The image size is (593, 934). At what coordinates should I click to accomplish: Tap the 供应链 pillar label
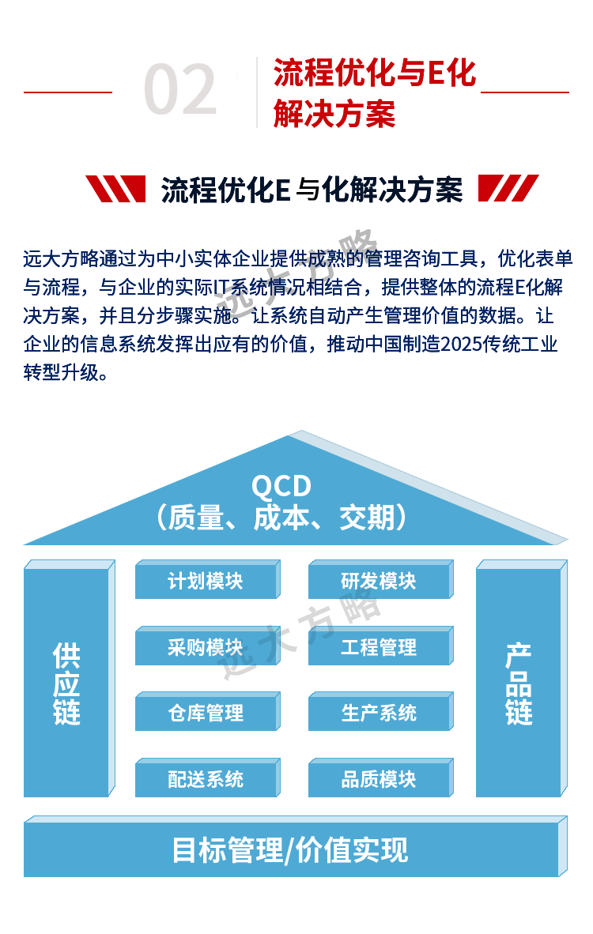click(67, 684)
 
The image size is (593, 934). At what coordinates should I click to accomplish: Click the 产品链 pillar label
click(519, 684)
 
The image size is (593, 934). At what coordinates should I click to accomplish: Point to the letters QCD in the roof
click(281, 486)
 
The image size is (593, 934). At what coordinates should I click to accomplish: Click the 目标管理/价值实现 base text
click(290, 850)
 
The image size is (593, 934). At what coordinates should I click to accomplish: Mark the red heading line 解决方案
click(334, 115)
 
